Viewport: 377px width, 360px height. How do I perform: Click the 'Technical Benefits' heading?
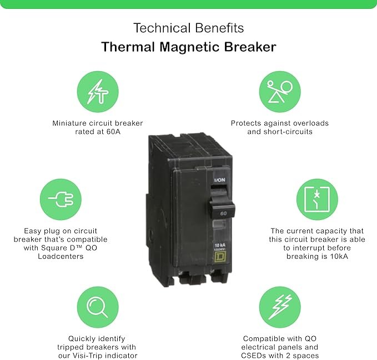pyautogui.click(x=189, y=28)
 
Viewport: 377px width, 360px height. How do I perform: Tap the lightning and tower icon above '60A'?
pyautogui.click(x=98, y=92)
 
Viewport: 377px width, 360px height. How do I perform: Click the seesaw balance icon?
pyautogui.click(x=280, y=92)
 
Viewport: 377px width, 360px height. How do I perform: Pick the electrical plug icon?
pyautogui.click(x=61, y=199)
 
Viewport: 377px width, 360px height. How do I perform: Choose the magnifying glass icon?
pyautogui.click(x=98, y=307)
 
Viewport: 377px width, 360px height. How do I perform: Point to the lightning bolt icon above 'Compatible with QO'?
pyautogui.click(x=280, y=307)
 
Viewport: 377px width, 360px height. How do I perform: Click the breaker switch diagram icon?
pyautogui.click(x=317, y=199)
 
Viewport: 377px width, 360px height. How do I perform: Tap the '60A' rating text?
pyautogui.click(x=113, y=132)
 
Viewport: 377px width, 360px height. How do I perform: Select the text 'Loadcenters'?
pyautogui.click(x=61, y=256)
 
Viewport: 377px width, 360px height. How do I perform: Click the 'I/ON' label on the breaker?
pyautogui.click(x=219, y=180)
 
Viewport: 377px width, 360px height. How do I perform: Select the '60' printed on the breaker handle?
pyautogui.click(x=223, y=213)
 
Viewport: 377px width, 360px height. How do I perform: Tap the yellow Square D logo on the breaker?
pyautogui.click(x=220, y=257)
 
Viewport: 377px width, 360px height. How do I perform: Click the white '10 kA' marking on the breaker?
pyautogui.click(x=220, y=245)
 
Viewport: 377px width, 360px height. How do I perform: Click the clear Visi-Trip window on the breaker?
pyautogui.click(x=219, y=225)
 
